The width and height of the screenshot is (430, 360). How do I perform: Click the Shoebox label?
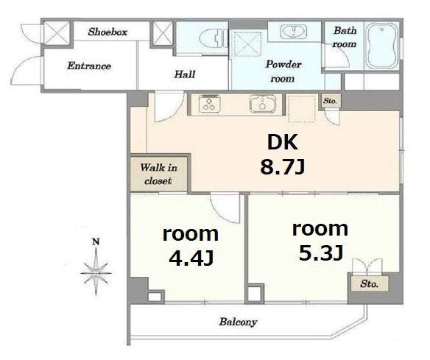(x=107, y=32)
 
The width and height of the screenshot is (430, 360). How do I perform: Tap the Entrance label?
(x=89, y=66)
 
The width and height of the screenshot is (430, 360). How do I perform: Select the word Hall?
(x=185, y=74)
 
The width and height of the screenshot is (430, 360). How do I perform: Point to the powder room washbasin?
(x=294, y=32)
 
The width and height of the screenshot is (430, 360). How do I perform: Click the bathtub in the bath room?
(x=382, y=46)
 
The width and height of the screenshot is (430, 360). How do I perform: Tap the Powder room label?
(x=283, y=71)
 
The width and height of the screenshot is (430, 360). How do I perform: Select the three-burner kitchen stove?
(x=210, y=104)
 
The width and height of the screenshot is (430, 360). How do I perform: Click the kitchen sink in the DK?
(x=262, y=104)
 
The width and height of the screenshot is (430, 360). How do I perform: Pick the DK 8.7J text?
(x=283, y=155)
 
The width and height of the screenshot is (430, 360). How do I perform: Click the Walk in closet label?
(x=158, y=174)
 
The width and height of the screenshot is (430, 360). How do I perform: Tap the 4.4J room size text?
(x=191, y=258)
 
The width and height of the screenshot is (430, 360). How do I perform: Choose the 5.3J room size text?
(x=320, y=253)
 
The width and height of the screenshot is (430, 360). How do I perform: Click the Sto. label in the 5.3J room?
(x=370, y=283)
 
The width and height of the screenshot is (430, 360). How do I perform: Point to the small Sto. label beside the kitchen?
(x=330, y=101)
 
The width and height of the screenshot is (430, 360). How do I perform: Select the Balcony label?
(x=238, y=322)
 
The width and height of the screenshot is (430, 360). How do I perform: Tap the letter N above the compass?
(x=96, y=241)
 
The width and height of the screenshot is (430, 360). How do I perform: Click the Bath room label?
(x=345, y=37)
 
